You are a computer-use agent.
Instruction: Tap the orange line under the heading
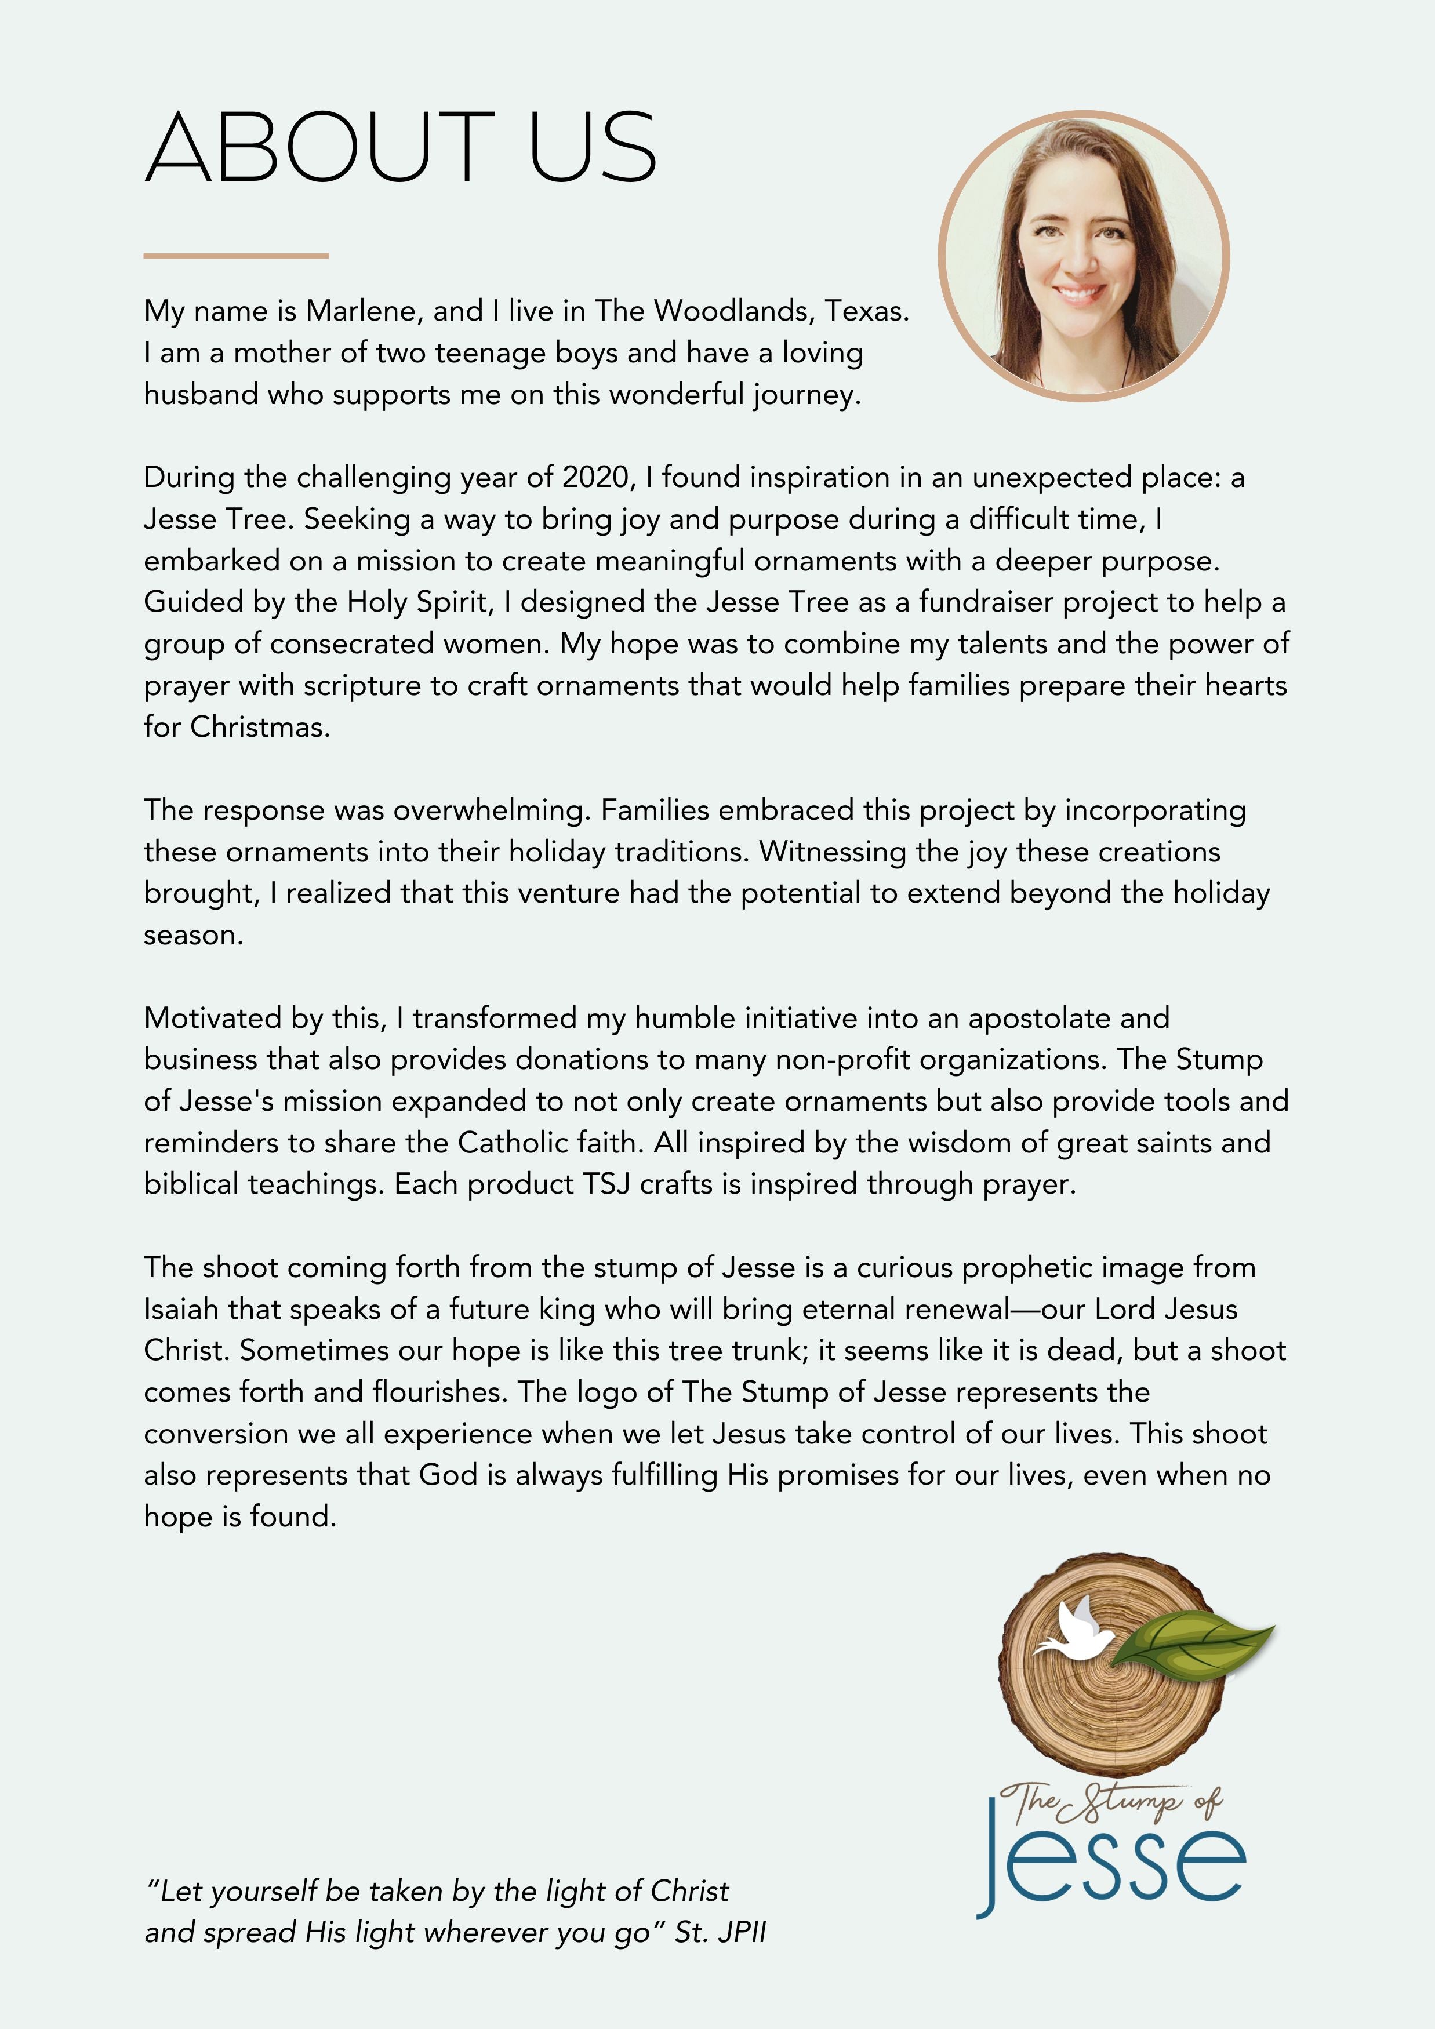tap(236, 256)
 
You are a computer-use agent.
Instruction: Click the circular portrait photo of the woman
tap(1083, 256)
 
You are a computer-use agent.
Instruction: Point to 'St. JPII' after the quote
tap(720, 1933)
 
